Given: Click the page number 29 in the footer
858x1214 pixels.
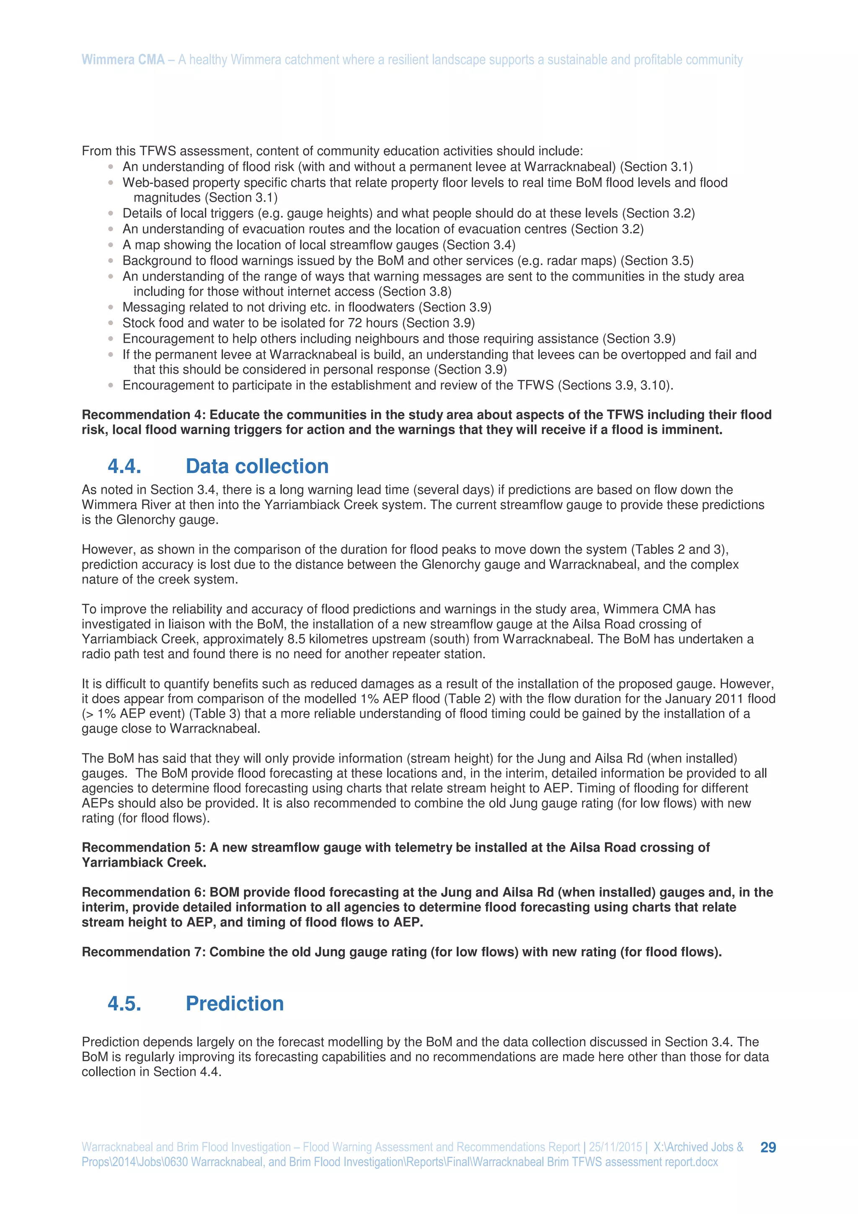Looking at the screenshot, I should pos(768,1147).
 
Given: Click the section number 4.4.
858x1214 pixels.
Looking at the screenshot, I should pos(124,466).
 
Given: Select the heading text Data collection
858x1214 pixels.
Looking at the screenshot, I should pos(257,466).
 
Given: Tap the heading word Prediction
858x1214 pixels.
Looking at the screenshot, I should pos(234,1004).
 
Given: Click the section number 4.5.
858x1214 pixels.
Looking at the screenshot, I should pos(124,1004).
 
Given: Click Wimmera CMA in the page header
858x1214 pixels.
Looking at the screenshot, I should pos(123,60).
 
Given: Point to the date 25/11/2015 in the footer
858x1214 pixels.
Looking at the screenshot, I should pos(615,1147).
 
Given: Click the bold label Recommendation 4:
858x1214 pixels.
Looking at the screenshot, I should pos(144,415).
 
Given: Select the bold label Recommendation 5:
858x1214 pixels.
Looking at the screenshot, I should pos(144,847).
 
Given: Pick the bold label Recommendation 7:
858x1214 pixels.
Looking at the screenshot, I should pos(144,952).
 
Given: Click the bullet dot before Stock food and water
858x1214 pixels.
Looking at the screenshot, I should pos(111,323).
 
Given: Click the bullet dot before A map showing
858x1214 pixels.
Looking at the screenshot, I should pos(111,245).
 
